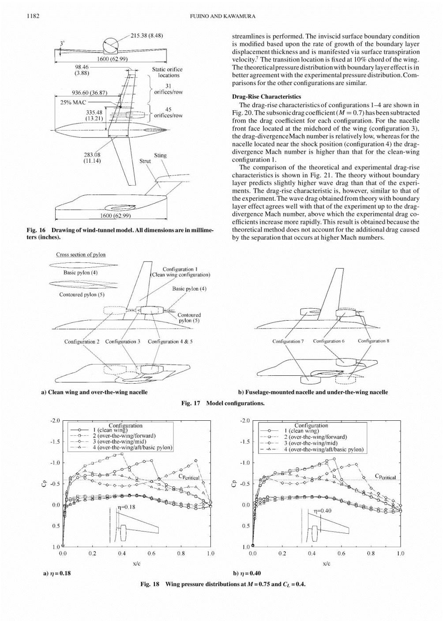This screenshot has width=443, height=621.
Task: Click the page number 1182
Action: [x=33, y=16]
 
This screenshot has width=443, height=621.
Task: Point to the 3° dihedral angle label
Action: [x=62, y=43]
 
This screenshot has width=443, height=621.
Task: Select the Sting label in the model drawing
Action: [x=160, y=155]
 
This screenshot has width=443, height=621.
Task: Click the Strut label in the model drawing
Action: [x=145, y=161]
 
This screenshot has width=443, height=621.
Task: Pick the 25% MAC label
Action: [x=73, y=102]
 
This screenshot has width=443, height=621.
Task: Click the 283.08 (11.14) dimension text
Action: [x=92, y=157]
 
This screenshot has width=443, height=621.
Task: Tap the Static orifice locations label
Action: [x=167, y=72]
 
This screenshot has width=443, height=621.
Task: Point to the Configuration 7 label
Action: [x=288, y=341]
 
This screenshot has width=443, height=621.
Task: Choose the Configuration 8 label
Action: [x=373, y=341]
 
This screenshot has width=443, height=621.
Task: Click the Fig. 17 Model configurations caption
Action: [x=223, y=403]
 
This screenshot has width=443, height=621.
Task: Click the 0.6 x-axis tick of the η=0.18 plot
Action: [x=151, y=553]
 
